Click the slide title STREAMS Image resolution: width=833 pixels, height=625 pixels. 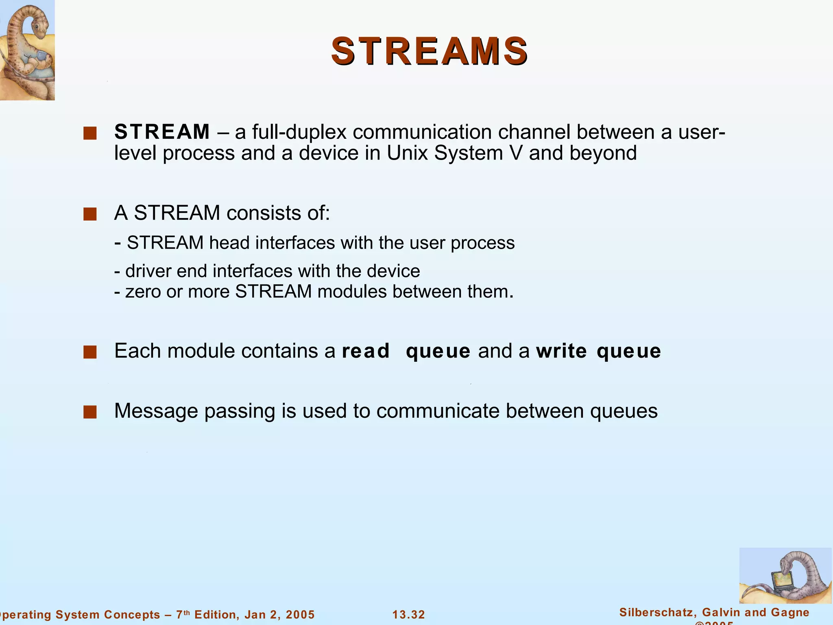tap(430, 51)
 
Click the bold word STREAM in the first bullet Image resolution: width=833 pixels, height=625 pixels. tap(162, 132)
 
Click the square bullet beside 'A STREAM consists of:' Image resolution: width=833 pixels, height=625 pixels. tap(90, 214)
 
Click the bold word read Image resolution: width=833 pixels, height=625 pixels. tap(366, 351)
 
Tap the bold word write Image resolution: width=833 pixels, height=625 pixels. tap(561, 351)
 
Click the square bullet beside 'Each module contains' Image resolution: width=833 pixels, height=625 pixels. tap(90, 352)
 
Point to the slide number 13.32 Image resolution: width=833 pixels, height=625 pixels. tap(408, 614)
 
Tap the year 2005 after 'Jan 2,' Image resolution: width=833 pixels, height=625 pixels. tap(300, 614)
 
